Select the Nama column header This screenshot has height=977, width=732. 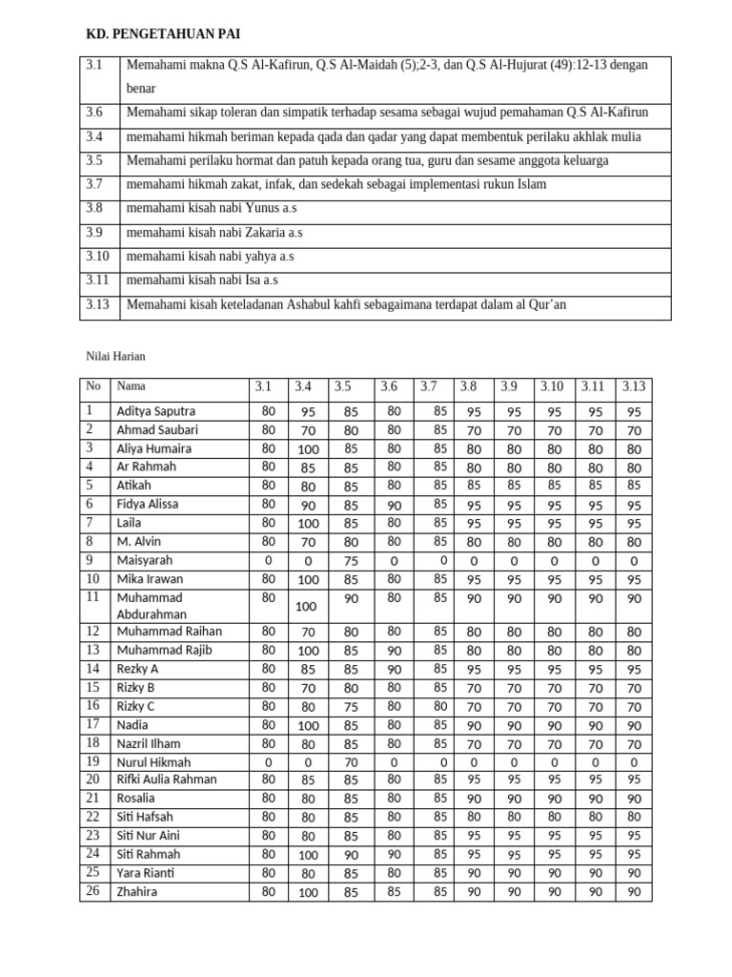click(x=131, y=386)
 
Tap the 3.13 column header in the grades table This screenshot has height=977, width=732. click(x=634, y=386)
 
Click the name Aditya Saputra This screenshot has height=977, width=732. click(x=155, y=411)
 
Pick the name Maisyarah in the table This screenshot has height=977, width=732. click(x=144, y=560)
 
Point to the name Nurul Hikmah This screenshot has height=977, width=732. click(x=153, y=762)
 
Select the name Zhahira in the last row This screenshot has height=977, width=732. click(x=136, y=892)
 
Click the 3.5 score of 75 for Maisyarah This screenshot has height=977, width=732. click(x=351, y=561)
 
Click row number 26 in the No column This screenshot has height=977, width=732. click(x=92, y=891)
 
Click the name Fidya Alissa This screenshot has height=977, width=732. click(x=148, y=504)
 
